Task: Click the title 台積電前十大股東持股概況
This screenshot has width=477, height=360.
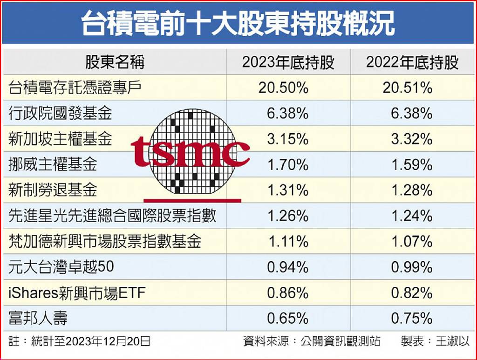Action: (x=238, y=23)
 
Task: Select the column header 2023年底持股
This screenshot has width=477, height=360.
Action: (x=288, y=62)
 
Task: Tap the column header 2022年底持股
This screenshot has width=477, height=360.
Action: (x=412, y=62)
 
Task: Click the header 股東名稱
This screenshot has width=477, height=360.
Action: (x=114, y=62)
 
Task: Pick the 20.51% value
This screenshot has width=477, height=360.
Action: (x=408, y=88)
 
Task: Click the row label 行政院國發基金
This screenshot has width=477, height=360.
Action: (x=60, y=113)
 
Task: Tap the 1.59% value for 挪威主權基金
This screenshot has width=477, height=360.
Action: (x=412, y=164)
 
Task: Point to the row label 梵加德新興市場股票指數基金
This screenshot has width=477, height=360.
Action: (x=105, y=241)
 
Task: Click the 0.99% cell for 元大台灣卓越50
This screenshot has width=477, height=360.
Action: (x=412, y=267)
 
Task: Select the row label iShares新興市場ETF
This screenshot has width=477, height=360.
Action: (x=77, y=293)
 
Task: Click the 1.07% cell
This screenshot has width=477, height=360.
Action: (x=412, y=241)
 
